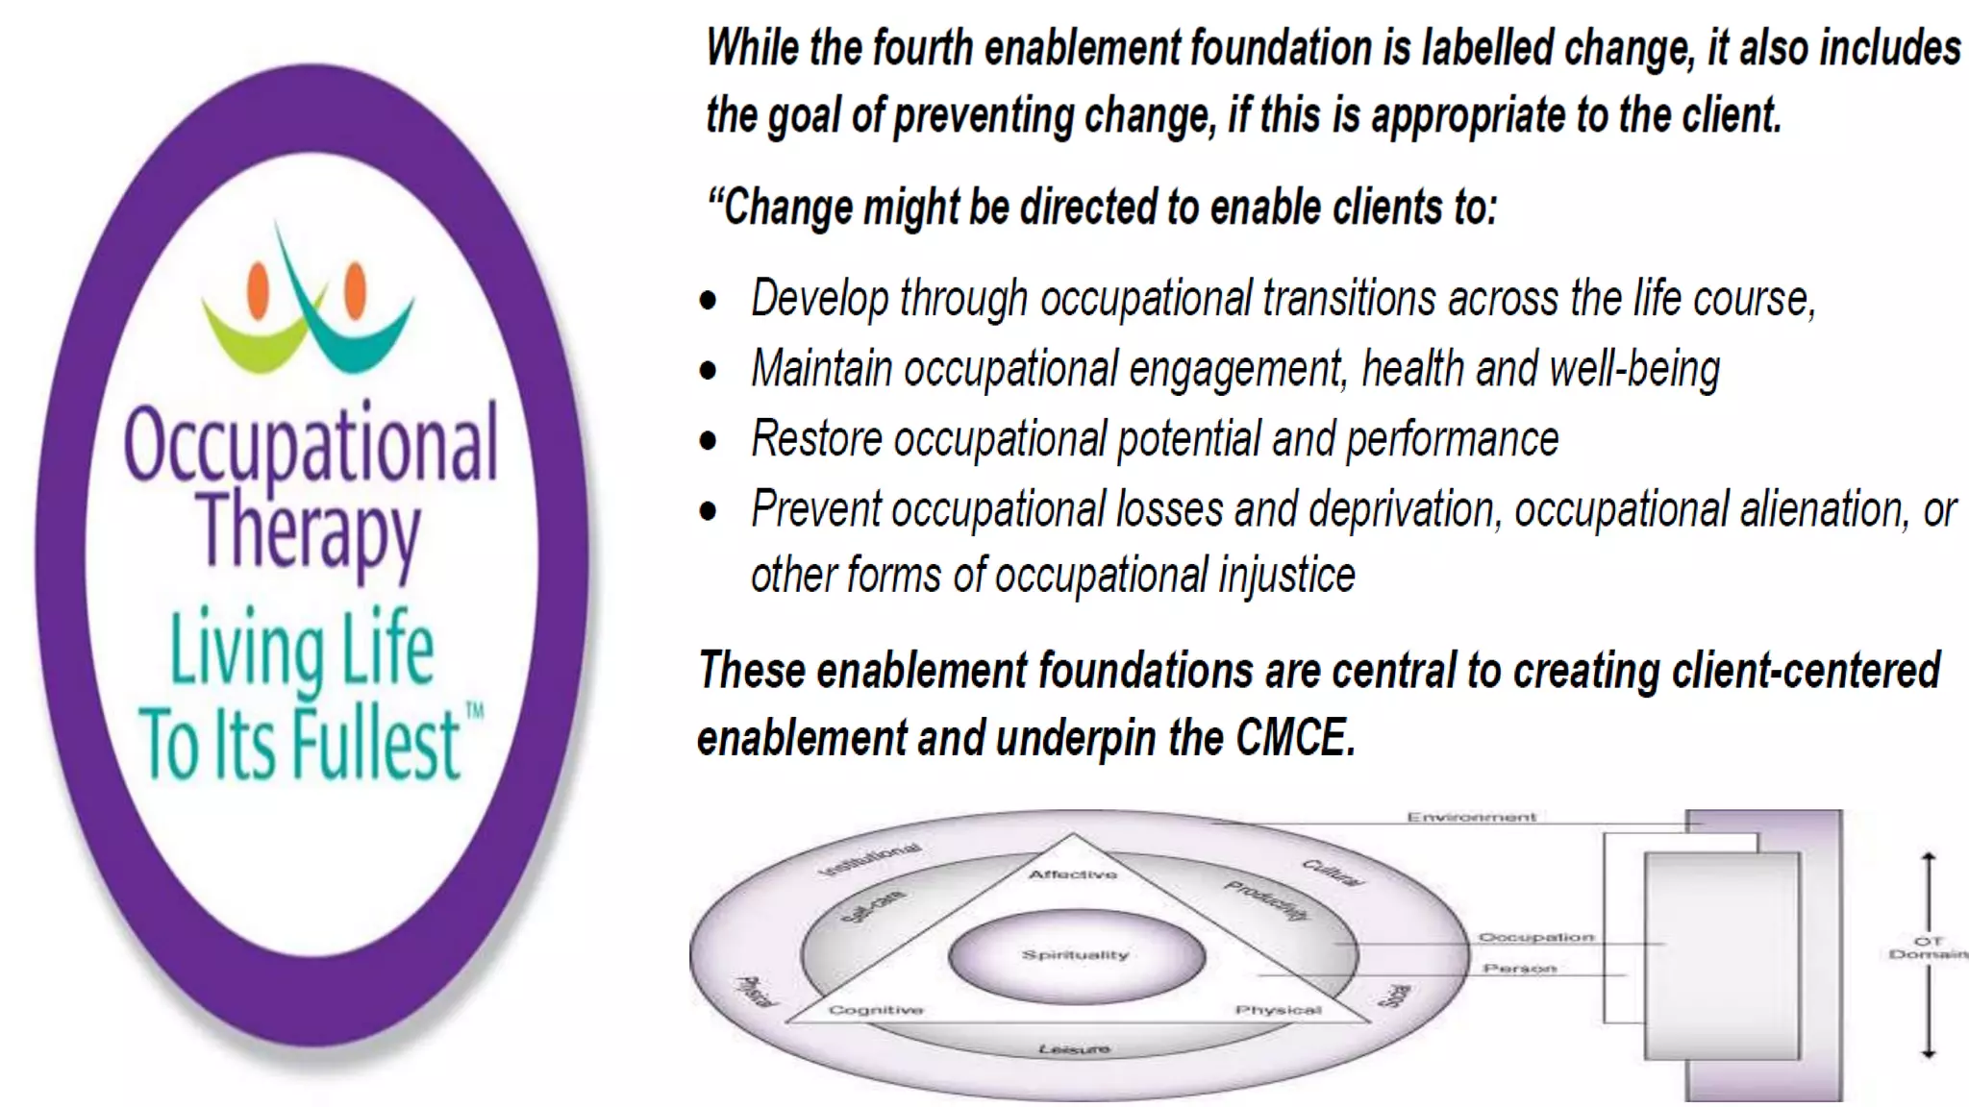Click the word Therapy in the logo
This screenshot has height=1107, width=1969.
coord(309,531)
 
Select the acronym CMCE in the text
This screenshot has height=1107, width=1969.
coord(1294,738)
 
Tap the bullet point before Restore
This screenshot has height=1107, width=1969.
coord(709,440)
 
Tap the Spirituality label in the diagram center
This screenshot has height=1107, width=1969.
coord(1075,955)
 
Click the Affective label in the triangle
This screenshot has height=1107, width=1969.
coord(1073,874)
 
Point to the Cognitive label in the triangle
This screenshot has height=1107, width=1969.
coord(876,1010)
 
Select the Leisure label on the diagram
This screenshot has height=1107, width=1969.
coord(1074,1048)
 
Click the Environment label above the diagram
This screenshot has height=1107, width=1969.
coord(1471,818)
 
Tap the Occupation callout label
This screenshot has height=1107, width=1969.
coord(1535,937)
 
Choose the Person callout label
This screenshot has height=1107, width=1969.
coord(1519,969)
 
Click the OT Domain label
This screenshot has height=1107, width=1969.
coord(1928,947)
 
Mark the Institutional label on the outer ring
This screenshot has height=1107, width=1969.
coord(870,859)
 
